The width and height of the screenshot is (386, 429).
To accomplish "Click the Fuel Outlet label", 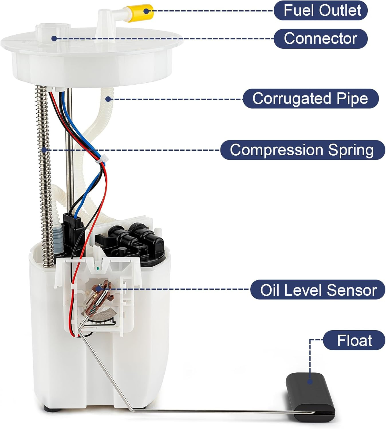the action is point(320,11).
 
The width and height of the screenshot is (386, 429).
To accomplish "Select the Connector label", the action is point(320,38).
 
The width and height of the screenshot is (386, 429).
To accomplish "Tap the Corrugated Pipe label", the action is point(310,98).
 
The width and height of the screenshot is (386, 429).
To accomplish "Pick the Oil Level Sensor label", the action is point(318,290).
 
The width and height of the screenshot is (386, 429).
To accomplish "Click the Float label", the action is point(354,340).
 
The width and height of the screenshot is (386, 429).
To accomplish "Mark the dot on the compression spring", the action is point(44,150).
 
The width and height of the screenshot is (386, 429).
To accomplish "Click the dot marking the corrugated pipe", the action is point(108,99).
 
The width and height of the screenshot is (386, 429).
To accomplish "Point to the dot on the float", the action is point(310,382).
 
